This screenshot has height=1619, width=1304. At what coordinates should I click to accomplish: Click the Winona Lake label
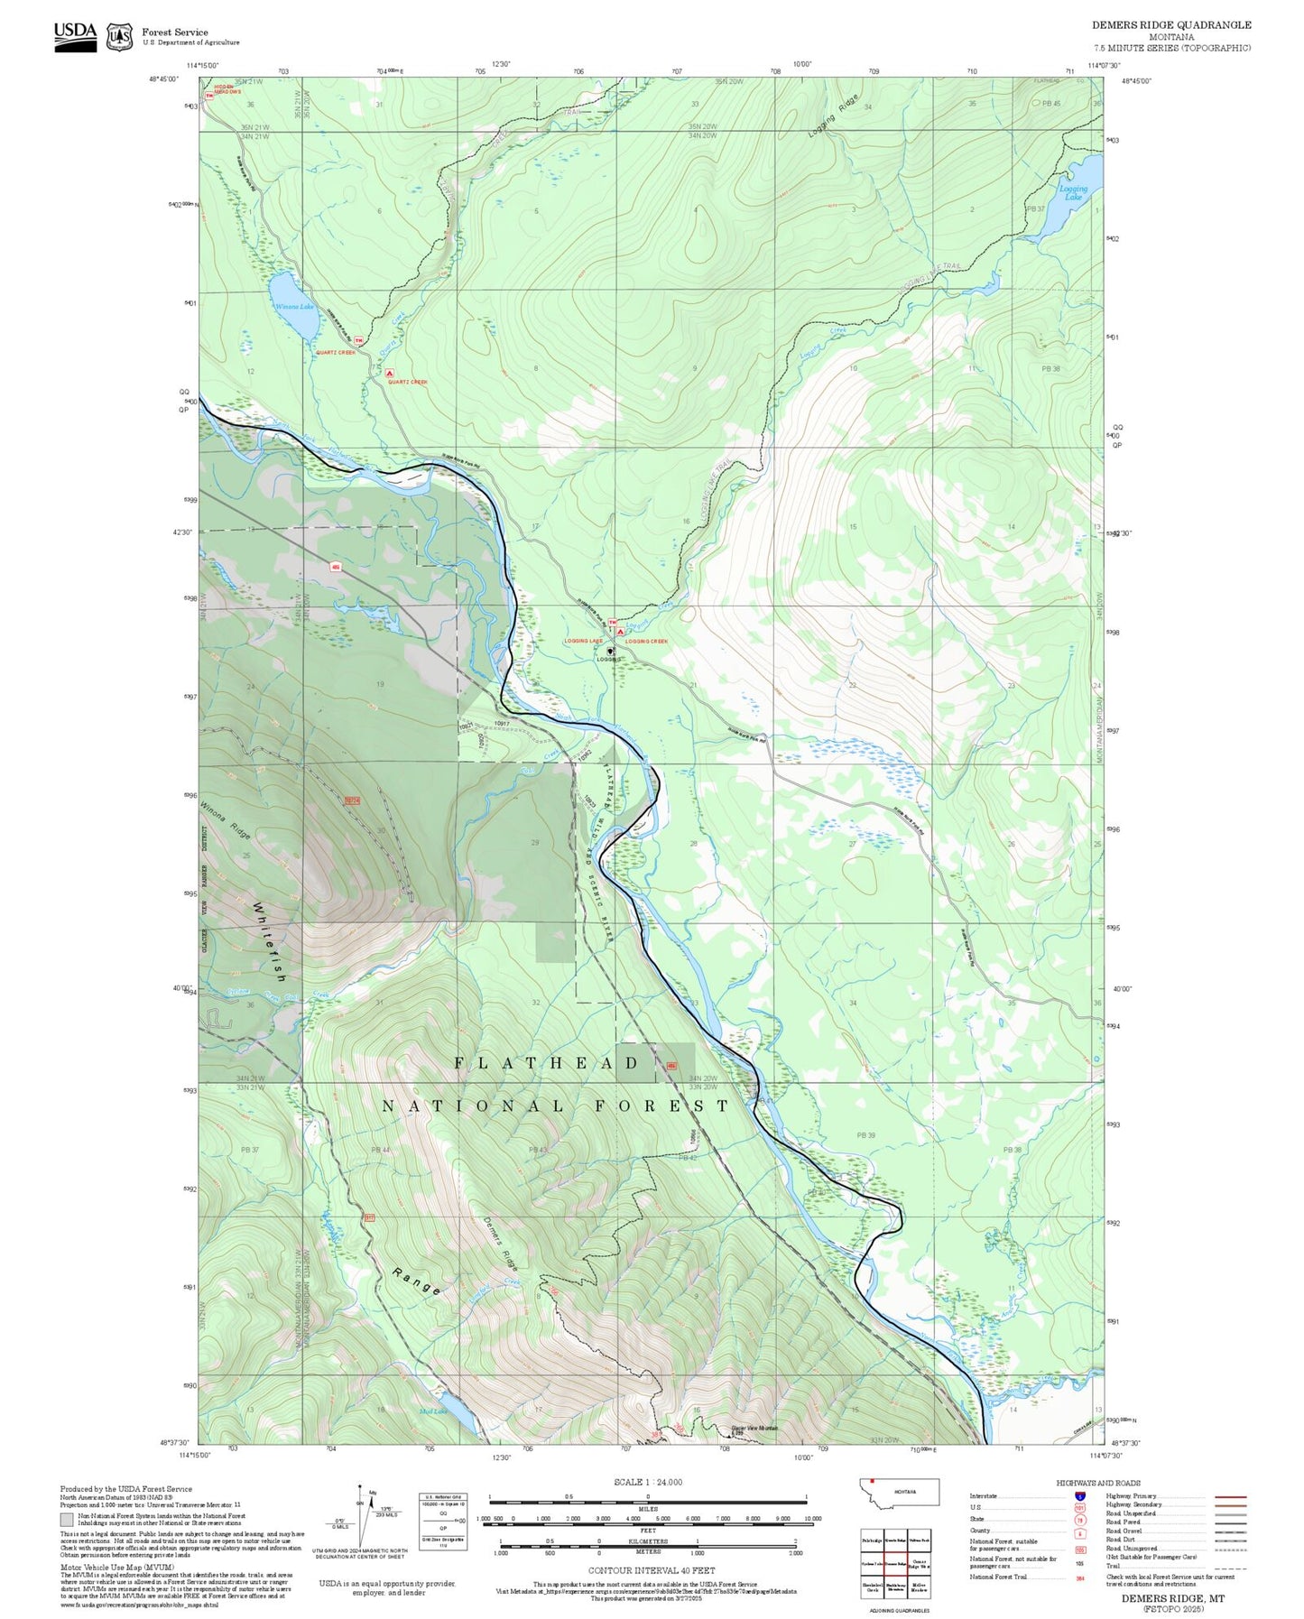pyautogui.click(x=295, y=307)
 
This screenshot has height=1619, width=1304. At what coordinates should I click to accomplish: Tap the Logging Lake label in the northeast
pyautogui.click(x=1073, y=193)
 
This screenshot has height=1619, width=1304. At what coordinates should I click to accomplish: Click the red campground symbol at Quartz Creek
pyautogui.click(x=390, y=373)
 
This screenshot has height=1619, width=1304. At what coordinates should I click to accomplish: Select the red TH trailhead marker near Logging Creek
pyautogui.click(x=613, y=622)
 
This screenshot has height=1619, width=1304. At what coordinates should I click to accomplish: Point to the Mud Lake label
pyautogui.click(x=433, y=1411)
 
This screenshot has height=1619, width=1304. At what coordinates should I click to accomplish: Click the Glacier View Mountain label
pyautogui.click(x=754, y=1429)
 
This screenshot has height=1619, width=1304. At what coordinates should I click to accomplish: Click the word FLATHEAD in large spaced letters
pyautogui.click(x=547, y=1063)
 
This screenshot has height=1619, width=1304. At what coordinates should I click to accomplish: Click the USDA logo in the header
pyautogui.click(x=75, y=36)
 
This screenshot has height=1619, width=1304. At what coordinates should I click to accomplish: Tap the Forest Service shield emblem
pyautogui.click(x=119, y=37)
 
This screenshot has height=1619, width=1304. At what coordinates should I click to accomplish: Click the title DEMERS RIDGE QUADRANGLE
pyautogui.click(x=1170, y=25)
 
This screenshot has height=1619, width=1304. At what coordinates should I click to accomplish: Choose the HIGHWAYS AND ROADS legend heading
pyautogui.click(x=1097, y=1483)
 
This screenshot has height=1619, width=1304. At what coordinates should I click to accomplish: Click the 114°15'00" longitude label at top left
pyautogui.click(x=202, y=65)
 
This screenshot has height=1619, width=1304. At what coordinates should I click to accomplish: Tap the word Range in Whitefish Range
pyautogui.click(x=417, y=1281)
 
